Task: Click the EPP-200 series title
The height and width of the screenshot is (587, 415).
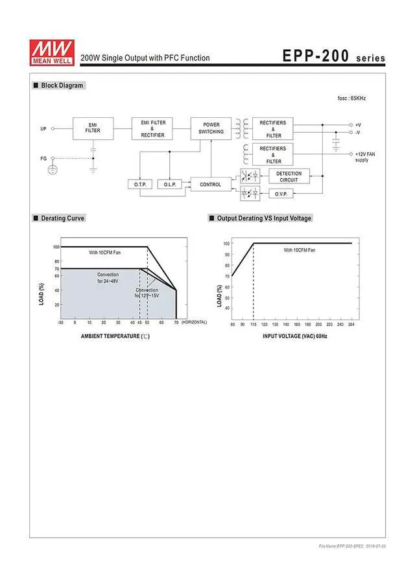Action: click(x=333, y=56)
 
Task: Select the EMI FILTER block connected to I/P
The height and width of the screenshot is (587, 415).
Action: click(x=93, y=128)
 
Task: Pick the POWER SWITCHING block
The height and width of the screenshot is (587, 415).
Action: click(x=211, y=128)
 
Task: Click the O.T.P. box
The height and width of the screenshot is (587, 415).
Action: click(x=141, y=185)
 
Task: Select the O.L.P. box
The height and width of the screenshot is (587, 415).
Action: click(x=171, y=185)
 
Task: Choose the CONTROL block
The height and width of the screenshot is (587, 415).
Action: click(x=211, y=185)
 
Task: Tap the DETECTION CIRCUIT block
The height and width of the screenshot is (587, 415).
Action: click(x=289, y=176)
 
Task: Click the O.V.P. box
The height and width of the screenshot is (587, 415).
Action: click(x=281, y=194)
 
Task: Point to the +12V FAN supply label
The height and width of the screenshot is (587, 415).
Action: click(x=366, y=157)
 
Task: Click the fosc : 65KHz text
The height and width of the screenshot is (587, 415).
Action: click(x=351, y=98)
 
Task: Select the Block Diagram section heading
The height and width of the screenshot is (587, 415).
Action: click(x=62, y=86)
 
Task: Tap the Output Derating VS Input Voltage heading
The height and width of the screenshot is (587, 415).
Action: click(x=264, y=218)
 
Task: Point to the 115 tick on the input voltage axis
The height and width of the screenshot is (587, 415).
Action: click(x=254, y=324)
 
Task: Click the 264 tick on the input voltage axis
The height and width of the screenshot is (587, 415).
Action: click(x=351, y=324)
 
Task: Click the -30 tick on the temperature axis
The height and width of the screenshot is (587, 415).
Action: click(x=60, y=322)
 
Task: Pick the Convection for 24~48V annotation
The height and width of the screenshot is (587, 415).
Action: click(x=108, y=278)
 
